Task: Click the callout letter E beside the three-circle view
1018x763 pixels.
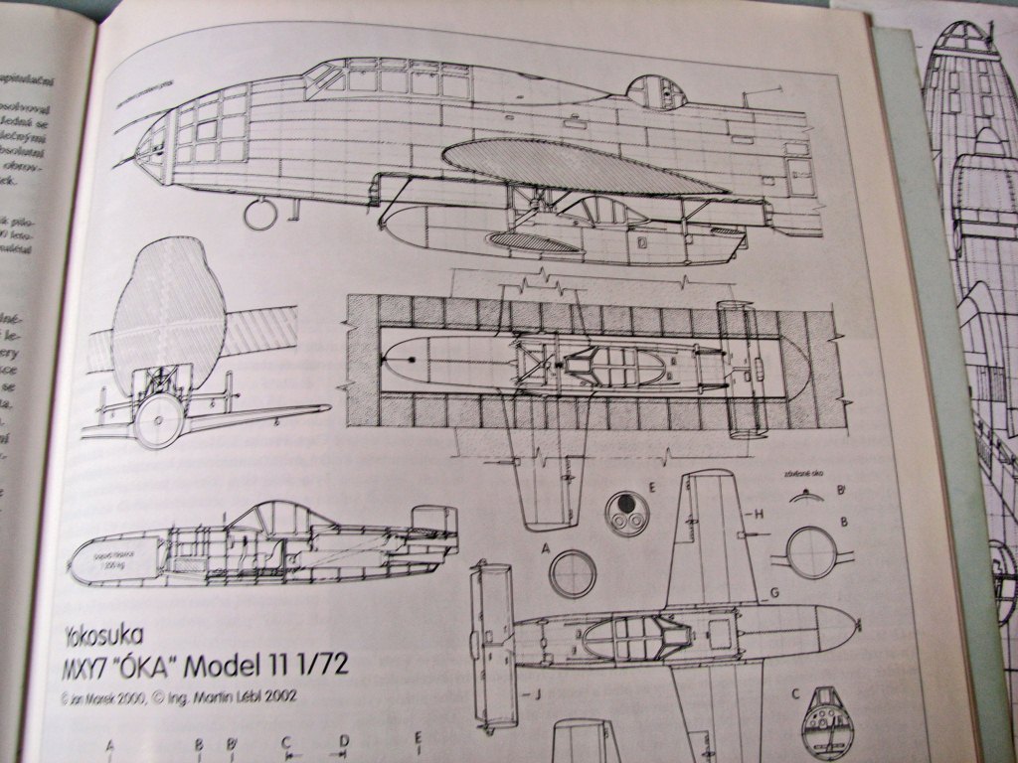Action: (x=651, y=487)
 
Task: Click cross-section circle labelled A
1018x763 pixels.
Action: (x=573, y=573)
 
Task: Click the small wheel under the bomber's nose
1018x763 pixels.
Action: (x=260, y=213)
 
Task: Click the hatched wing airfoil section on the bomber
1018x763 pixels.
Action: (x=577, y=164)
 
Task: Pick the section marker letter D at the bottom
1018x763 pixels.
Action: (x=344, y=740)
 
